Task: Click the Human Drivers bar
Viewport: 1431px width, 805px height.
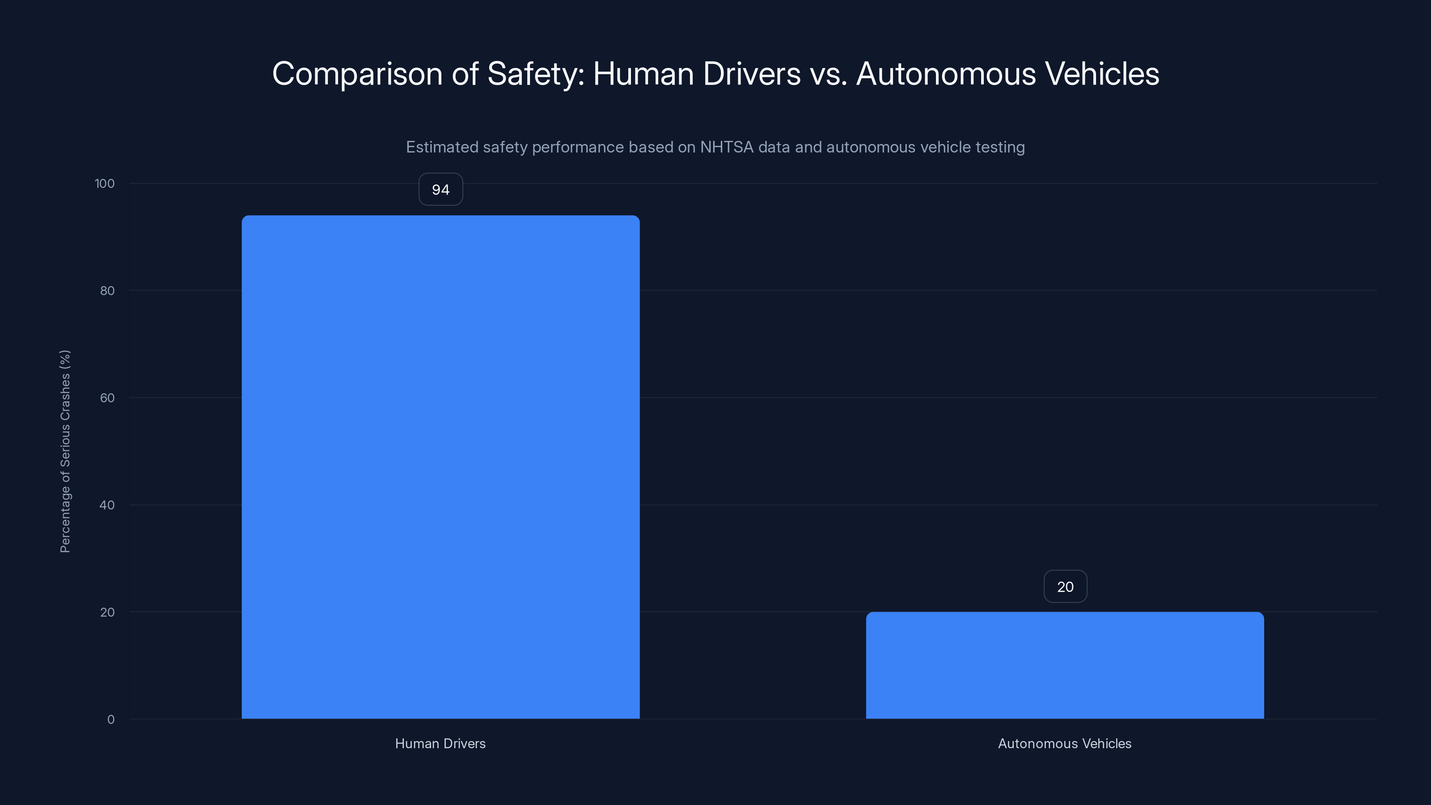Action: pyautogui.click(x=440, y=466)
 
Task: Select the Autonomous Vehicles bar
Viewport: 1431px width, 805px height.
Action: pyautogui.click(x=1064, y=665)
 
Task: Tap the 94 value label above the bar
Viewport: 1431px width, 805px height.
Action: pyautogui.click(x=440, y=190)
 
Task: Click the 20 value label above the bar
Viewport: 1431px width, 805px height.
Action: pyautogui.click(x=1065, y=587)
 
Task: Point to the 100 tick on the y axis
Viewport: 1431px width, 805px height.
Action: pyautogui.click(x=105, y=183)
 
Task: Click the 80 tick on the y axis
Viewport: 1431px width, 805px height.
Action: pyautogui.click(x=107, y=291)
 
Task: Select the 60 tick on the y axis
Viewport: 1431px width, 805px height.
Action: pyautogui.click(x=107, y=398)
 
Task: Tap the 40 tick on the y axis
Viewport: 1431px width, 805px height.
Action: pyautogui.click(x=107, y=505)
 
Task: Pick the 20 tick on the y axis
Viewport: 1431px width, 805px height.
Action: pyautogui.click(x=107, y=612)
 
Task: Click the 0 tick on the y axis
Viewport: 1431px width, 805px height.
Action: pyautogui.click(x=110, y=720)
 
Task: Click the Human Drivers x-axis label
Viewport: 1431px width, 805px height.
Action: pyautogui.click(x=440, y=743)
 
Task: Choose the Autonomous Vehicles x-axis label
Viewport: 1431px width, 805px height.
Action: pyautogui.click(x=1064, y=743)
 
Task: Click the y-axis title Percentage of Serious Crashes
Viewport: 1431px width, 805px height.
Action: pyautogui.click(x=65, y=451)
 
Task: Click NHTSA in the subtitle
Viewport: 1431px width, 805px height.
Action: pyautogui.click(x=727, y=147)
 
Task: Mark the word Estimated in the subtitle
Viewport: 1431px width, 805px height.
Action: pyautogui.click(x=442, y=147)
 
